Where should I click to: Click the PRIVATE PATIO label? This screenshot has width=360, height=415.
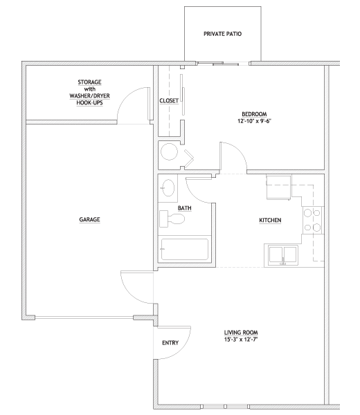(x=222, y=34)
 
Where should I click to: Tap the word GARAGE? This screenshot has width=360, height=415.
(x=89, y=219)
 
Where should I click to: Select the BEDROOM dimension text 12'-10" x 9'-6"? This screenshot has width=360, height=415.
(x=254, y=121)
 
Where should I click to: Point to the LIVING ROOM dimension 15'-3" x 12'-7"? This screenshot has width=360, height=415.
(x=241, y=340)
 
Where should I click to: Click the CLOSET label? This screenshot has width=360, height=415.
(x=169, y=101)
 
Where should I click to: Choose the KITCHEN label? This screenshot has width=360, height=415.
(x=270, y=220)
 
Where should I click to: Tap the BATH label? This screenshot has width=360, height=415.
(x=184, y=208)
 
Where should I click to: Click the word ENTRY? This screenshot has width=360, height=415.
(x=170, y=343)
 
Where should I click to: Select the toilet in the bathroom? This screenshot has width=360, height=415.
(x=172, y=219)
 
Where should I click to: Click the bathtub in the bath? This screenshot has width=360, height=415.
(x=185, y=249)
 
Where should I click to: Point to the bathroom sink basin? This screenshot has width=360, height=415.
(x=168, y=188)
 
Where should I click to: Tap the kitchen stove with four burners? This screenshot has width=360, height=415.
(x=313, y=220)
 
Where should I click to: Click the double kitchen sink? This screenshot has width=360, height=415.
(x=282, y=255)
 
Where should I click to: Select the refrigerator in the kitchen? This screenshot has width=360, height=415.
(x=279, y=187)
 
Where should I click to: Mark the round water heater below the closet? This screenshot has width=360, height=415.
(x=169, y=151)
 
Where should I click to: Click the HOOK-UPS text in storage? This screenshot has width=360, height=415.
(x=89, y=102)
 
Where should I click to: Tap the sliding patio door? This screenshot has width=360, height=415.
(x=223, y=64)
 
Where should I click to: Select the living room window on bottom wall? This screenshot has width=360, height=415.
(x=225, y=406)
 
